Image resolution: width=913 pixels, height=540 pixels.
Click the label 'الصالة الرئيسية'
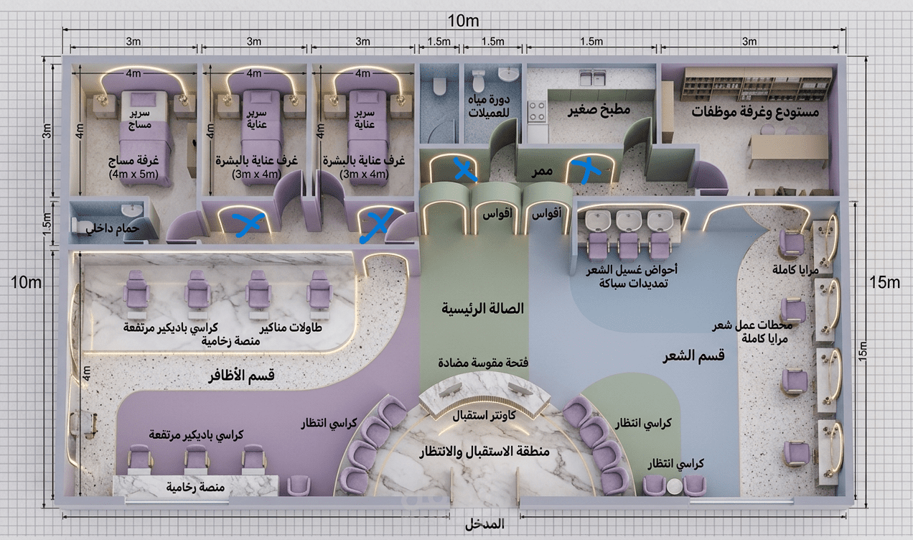click(x=482, y=309)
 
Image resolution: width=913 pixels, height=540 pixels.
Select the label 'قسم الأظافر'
click(x=241, y=376)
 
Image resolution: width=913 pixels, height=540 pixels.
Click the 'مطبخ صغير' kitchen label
click(x=599, y=110)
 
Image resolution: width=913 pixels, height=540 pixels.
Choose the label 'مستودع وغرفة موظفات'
click(x=755, y=112)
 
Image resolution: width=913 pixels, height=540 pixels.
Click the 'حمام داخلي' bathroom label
click(x=112, y=228)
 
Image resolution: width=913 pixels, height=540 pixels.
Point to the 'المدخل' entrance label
click(x=484, y=524)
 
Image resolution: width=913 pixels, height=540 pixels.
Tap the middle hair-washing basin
click(x=628, y=219)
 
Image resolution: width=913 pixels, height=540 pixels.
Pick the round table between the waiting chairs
click(x=673, y=486)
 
